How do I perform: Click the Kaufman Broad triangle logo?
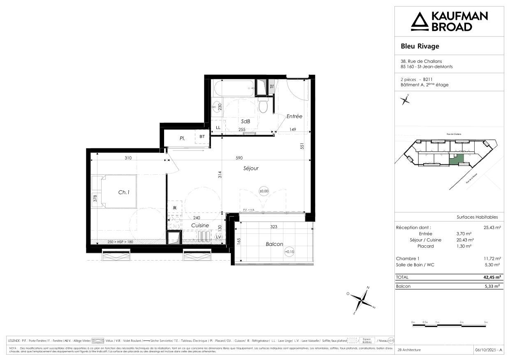coord(420,21)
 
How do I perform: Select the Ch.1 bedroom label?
coord(124,192)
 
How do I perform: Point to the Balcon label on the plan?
coord(274,244)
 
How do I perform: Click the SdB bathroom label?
coord(246,121)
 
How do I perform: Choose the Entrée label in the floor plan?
coord(294,116)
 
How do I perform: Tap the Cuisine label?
coord(200,225)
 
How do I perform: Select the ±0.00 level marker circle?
coord(263,191)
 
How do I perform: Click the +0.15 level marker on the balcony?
coord(289,252)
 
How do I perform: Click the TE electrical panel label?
coord(271,87)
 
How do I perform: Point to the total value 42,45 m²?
coord(491,277)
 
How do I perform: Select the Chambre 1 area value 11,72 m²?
coord(492,258)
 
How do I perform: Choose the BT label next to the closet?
coord(202,137)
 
